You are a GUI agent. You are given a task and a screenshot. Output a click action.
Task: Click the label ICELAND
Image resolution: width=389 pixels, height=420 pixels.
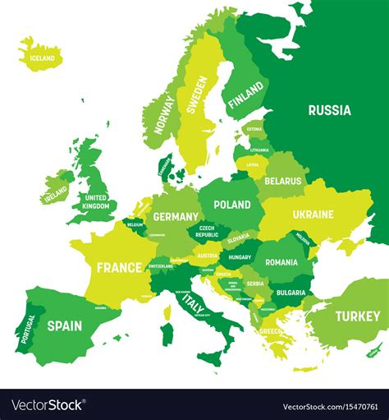click(42, 58)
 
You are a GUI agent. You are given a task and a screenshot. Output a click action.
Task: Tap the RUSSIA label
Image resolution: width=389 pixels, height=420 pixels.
click(329, 110)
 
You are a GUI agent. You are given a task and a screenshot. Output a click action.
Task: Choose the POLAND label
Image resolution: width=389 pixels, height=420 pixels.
click(231, 205)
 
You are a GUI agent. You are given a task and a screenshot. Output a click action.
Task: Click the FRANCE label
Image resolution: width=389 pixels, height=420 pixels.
click(119, 267)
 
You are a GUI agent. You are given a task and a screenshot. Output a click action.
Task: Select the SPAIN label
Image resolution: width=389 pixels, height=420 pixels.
click(64, 325)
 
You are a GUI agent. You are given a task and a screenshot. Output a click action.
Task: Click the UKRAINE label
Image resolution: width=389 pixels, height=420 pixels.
click(312, 215)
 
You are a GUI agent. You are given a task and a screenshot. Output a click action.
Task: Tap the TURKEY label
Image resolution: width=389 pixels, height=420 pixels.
click(357, 316)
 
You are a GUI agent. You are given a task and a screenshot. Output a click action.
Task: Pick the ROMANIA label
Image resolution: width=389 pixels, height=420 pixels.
click(281, 262)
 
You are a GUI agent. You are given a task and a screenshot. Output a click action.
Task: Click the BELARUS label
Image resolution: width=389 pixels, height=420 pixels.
click(283, 181)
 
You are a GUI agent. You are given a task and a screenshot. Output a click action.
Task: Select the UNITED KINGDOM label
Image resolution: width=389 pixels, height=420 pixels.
click(95, 202)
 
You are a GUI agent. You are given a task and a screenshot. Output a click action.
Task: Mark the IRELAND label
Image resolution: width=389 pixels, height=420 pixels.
click(56, 195)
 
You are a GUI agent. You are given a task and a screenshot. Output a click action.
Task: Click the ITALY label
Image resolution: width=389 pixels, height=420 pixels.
click(193, 306)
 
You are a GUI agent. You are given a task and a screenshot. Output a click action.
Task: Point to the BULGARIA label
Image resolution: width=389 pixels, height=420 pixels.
click(291, 292)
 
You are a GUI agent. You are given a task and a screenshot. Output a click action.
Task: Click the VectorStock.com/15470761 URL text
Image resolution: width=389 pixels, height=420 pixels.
click(332, 406)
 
